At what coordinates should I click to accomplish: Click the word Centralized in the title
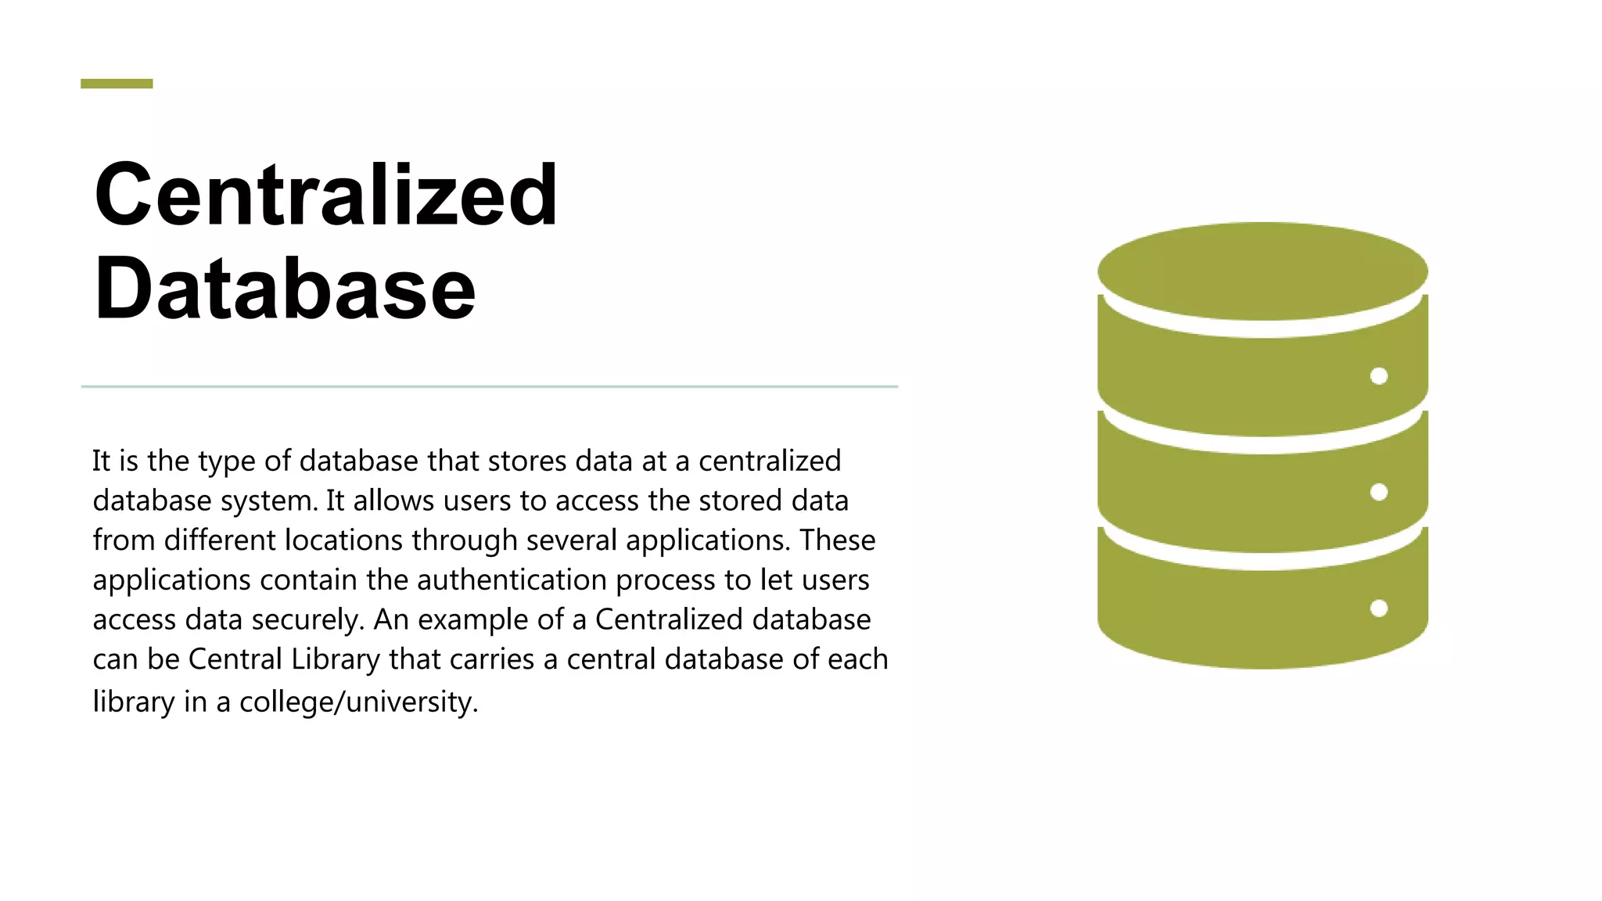pyautogui.click(x=325, y=195)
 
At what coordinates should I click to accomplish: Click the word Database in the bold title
pyautogui.click(x=285, y=289)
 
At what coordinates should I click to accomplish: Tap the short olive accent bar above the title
pyautogui.click(x=117, y=84)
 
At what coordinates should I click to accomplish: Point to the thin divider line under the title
pyautogui.click(x=489, y=386)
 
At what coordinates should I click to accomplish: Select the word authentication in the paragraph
pyautogui.click(x=512, y=580)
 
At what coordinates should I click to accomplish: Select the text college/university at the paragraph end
pyautogui.click(x=358, y=702)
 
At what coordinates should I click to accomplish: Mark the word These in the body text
pyautogui.click(x=837, y=540)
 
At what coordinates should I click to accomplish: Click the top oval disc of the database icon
pyautogui.click(x=1263, y=271)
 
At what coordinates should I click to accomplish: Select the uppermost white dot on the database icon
pyautogui.click(x=1379, y=376)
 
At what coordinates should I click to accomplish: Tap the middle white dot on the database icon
pyautogui.click(x=1379, y=492)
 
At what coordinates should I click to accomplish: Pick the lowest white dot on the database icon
pyautogui.click(x=1379, y=608)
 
